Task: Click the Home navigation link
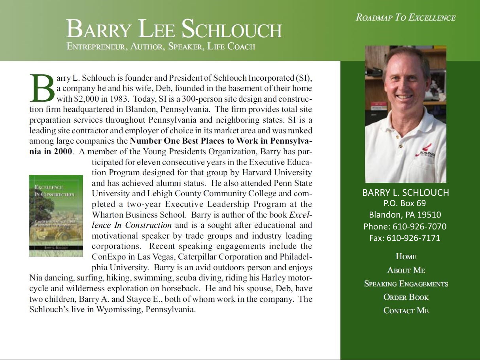406,256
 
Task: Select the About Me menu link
406,270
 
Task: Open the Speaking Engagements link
406,284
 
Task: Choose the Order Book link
406,297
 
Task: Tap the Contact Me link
406,311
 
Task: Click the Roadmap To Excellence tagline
406,18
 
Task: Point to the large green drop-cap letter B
42,87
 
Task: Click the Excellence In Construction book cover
56,216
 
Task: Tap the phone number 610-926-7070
419,227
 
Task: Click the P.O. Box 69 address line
404,203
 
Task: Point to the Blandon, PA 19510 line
405,215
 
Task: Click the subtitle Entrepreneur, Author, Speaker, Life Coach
161,47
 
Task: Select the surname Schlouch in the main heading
232,29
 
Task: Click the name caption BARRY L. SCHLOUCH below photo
406,193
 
